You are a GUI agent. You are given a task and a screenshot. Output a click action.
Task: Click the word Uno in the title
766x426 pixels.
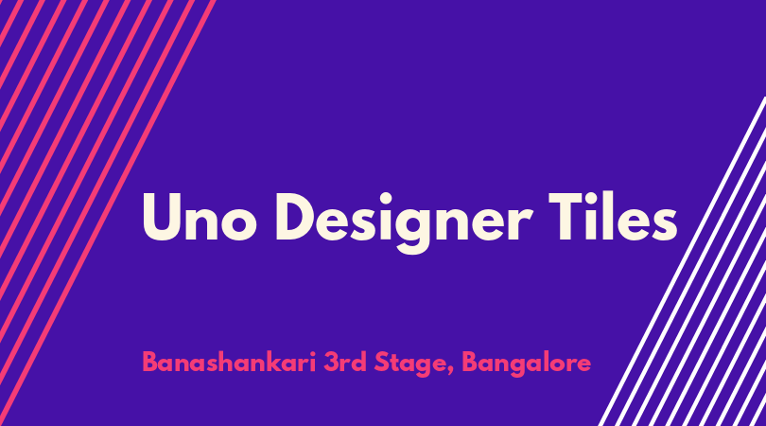(x=200, y=217)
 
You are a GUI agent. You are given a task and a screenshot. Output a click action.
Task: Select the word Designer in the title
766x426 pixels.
(x=404, y=223)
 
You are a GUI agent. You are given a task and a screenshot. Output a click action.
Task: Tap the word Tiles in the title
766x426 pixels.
(x=612, y=216)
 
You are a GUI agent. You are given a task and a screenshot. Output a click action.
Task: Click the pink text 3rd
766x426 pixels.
(x=345, y=363)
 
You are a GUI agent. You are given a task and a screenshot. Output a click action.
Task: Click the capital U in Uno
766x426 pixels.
(x=161, y=217)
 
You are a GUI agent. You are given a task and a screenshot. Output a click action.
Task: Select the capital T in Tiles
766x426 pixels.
(x=566, y=217)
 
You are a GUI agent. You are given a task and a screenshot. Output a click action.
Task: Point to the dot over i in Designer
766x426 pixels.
(x=386, y=199)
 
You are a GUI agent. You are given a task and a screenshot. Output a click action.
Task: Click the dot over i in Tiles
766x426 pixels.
(x=595, y=197)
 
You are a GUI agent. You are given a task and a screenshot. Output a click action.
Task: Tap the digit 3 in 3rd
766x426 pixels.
(x=331, y=363)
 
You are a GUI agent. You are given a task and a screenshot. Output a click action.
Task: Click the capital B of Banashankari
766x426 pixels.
(x=150, y=363)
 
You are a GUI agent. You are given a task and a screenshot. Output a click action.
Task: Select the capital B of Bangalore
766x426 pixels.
(x=470, y=363)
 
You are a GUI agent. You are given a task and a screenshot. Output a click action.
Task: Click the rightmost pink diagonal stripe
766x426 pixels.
(x=108, y=213)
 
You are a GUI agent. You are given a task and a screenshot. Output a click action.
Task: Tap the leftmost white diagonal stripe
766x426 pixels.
(x=682, y=261)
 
